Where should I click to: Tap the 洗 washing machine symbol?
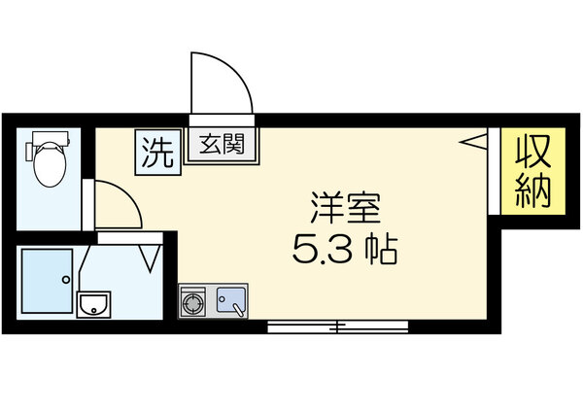click(x=157, y=152)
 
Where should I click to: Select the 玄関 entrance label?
click(x=222, y=148)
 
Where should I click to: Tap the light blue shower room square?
click(x=47, y=280)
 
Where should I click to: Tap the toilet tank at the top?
click(x=49, y=138)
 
